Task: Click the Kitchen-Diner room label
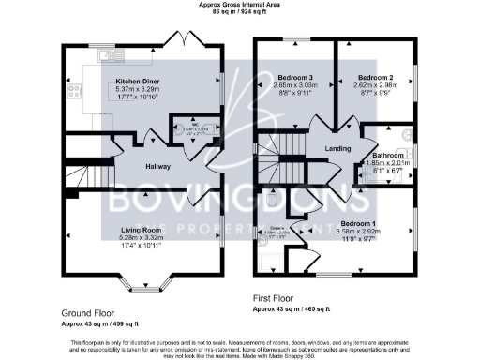tap(136, 82)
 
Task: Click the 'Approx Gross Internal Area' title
tap(240, 5)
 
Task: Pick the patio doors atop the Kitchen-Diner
tap(177, 38)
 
